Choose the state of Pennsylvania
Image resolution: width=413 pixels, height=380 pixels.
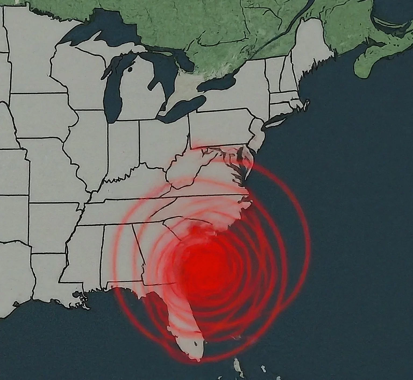coord(220,126)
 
